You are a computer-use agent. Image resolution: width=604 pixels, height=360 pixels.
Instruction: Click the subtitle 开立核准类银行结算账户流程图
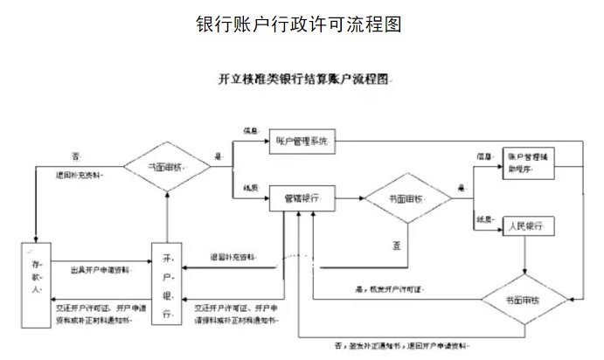302,80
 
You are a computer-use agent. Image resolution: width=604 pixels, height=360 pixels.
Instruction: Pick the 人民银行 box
527,227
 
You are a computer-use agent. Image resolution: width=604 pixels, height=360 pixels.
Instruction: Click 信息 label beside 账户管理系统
251,129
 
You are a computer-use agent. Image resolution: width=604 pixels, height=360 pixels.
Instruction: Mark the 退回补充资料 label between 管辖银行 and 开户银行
233,258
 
